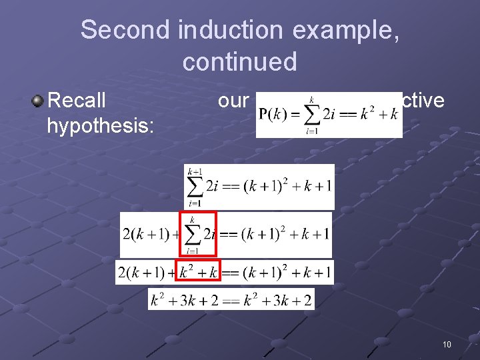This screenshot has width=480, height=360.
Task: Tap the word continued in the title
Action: coord(239,62)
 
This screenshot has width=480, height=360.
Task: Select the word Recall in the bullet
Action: coord(77,101)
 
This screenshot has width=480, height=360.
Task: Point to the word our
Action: coord(233,101)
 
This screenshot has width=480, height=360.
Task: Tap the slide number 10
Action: coord(446,344)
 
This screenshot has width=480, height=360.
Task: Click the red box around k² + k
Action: coord(198,272)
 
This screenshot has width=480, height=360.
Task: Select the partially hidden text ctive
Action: coord(423,101)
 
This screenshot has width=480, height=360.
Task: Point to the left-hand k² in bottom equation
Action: coord(157,300)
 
